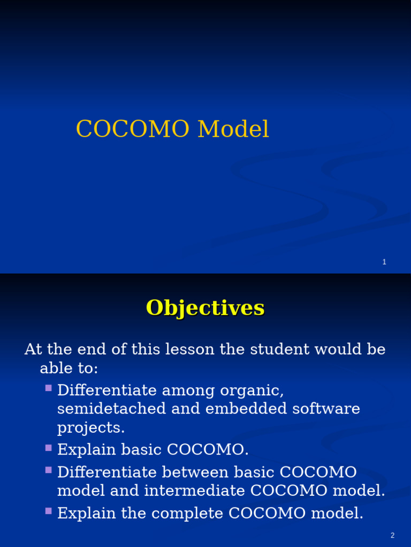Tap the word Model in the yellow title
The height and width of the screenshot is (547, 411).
(233, 130)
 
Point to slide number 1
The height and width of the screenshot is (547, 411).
(384, 262)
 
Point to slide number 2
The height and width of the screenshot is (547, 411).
(392, 535)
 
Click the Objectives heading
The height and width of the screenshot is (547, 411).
(205, 308)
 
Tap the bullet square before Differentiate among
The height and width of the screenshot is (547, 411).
(49, 388)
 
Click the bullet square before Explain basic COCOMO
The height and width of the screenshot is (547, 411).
(49, 447)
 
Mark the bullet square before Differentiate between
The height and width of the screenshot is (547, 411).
(49, 470)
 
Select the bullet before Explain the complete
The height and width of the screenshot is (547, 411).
(49, 511)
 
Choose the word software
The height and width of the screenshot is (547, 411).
(326, 409)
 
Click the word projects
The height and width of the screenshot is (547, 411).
(90, 428)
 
